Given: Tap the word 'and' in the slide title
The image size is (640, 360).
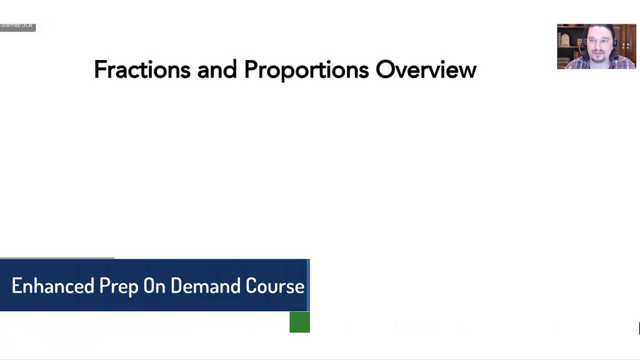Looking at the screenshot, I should [x=217, y=69].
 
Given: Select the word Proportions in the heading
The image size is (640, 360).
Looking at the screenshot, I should [x=306, y=70].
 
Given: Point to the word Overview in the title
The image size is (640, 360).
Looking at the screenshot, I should [x=426, y=69].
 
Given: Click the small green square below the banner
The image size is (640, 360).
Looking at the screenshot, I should [x=299, y=322].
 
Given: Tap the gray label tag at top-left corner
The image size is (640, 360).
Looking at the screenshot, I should [x=17, y=26].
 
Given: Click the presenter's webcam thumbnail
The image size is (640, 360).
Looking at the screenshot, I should [x=596, y=46].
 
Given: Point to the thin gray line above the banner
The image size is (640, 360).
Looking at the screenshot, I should [x=57, y=257].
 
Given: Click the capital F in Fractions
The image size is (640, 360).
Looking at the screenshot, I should [x=99, y=69].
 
